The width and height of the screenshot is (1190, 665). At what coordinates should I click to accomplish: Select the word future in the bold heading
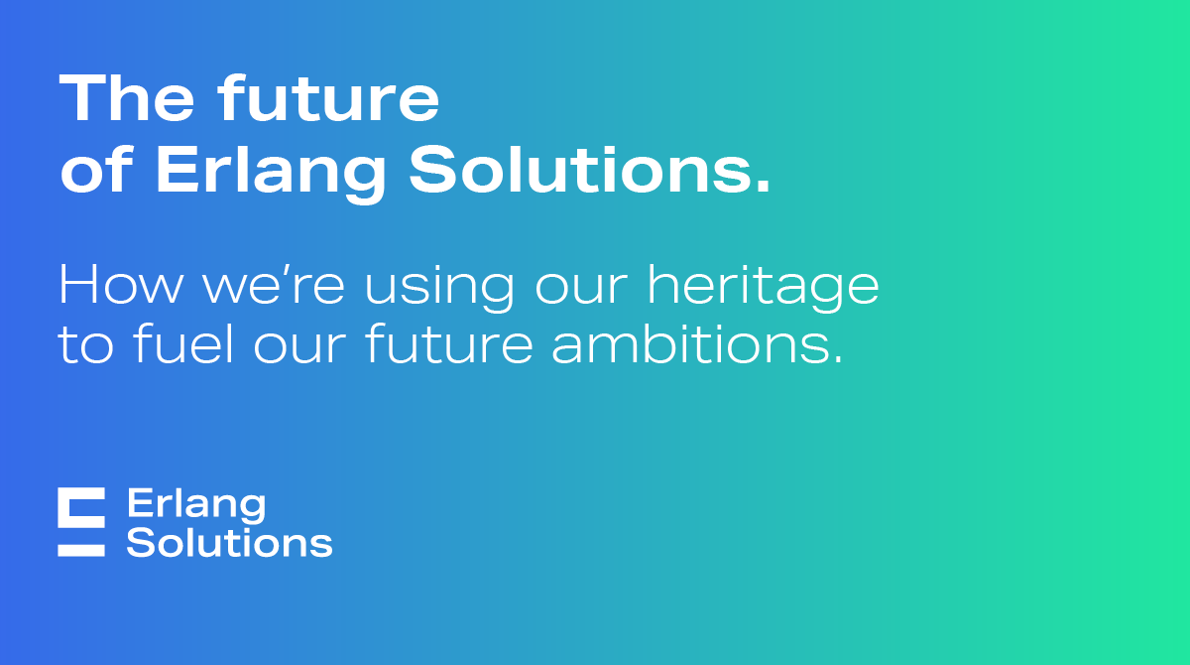[x=328, y=100]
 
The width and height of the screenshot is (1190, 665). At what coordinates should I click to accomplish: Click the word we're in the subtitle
[x=273, y=286]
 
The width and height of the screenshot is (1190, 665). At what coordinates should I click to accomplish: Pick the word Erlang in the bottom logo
[x=196, y=505]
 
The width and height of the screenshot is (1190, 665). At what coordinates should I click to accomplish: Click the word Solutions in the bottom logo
[x=229, y=543]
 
